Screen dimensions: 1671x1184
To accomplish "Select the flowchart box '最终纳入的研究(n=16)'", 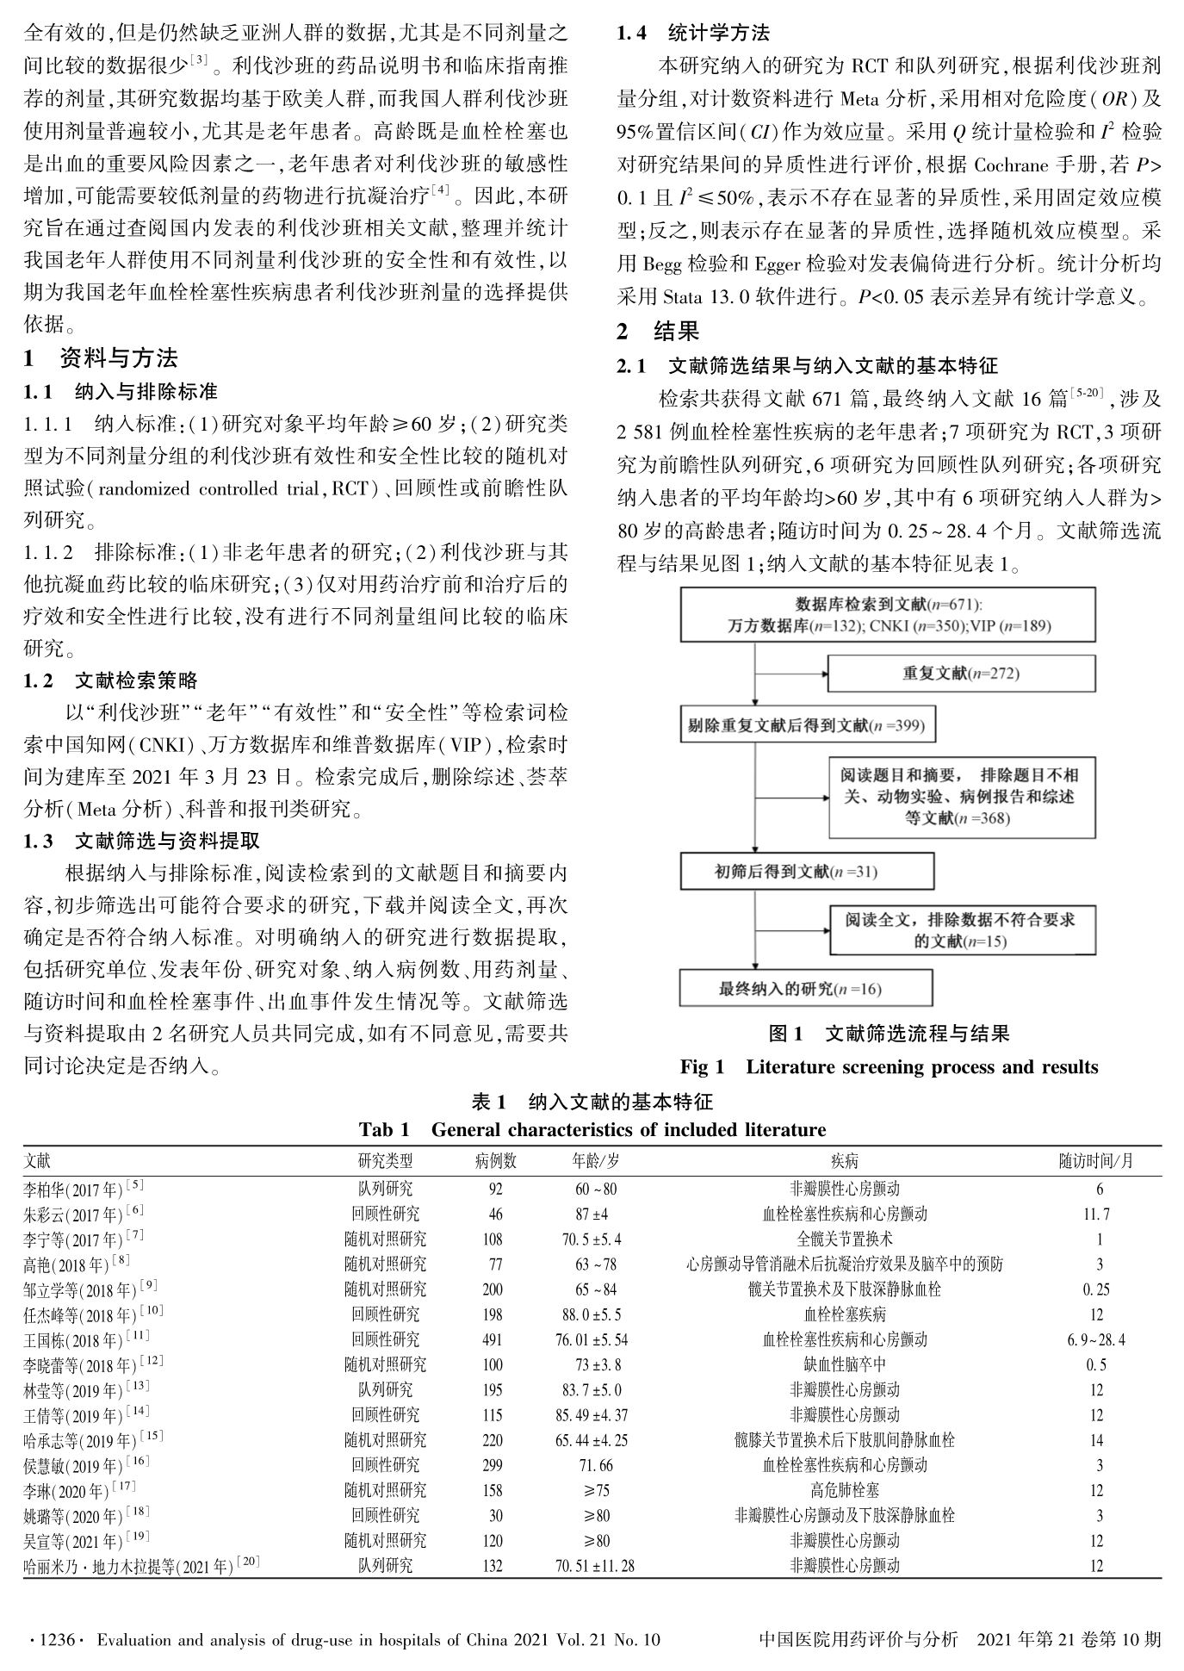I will pyautogui.click(x=805, y=988).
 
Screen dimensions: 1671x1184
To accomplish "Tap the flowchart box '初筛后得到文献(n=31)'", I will pyautogui.click(x=805, y=871).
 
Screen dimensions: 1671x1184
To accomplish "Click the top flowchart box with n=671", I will pyautogui.click(x=888, y=615).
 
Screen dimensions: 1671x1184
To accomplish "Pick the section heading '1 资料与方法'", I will pyautogui.click(x=101, y=357).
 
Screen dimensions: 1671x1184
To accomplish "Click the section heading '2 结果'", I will pyautogui.click(x=659, y=331).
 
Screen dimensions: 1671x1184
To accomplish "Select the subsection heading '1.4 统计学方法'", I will pyautogui.click(x=694, y=34).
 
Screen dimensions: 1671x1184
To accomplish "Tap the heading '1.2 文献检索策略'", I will pyautogui.click(x=111, y=680).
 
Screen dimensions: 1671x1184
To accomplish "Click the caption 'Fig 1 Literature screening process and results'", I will pyautogui.click(x=889, y=1067).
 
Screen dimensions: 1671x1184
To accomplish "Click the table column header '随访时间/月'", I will pyautogui.click(x=1095, y=1161).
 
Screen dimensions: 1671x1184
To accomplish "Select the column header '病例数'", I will pyautogui.click(x=495, y=1161).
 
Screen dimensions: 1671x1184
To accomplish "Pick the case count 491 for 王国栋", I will pyautogui.click(x=493, y=1339).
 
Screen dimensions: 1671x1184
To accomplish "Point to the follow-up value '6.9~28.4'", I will pyautogui.click(x=1095, y=1339).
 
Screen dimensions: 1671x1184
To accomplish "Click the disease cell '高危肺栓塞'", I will pyautogui.click(x=844, y=1490).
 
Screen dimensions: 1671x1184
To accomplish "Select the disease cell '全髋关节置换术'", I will pyautogui.click(x=844, y=1239).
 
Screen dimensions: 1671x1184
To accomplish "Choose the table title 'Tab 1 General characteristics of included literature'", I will pyautogui.click(x=592, y=1129).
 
